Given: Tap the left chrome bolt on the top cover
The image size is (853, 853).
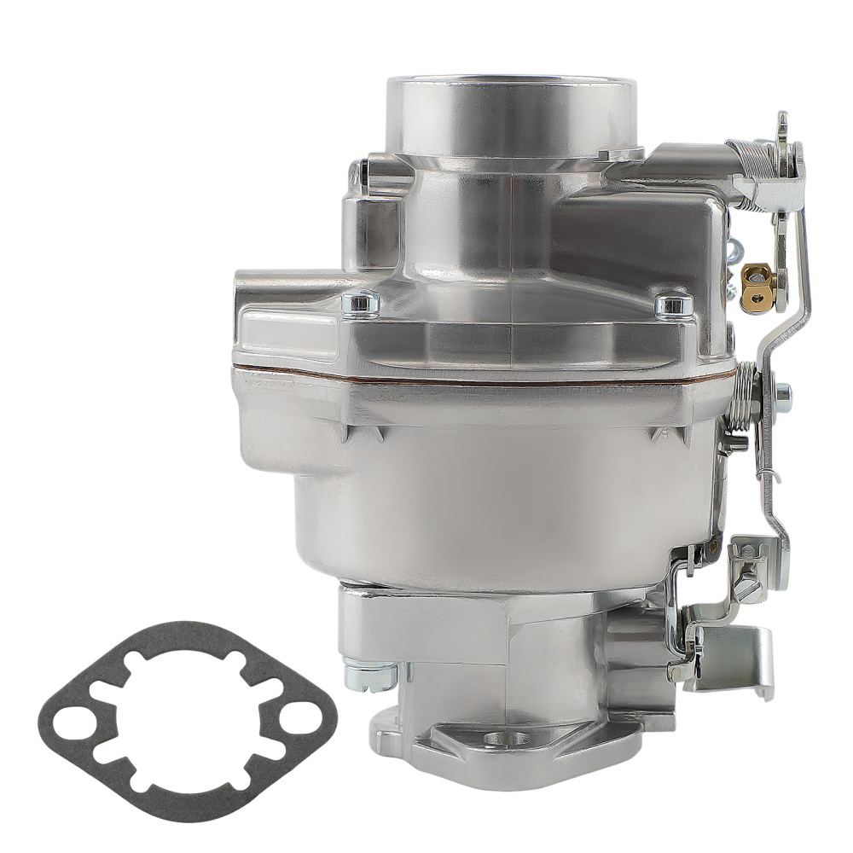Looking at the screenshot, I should point(361,301).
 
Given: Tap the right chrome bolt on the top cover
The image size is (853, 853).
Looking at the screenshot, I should point(673,304).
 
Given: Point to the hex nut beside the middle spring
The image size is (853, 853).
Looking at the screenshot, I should point(781,394).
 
